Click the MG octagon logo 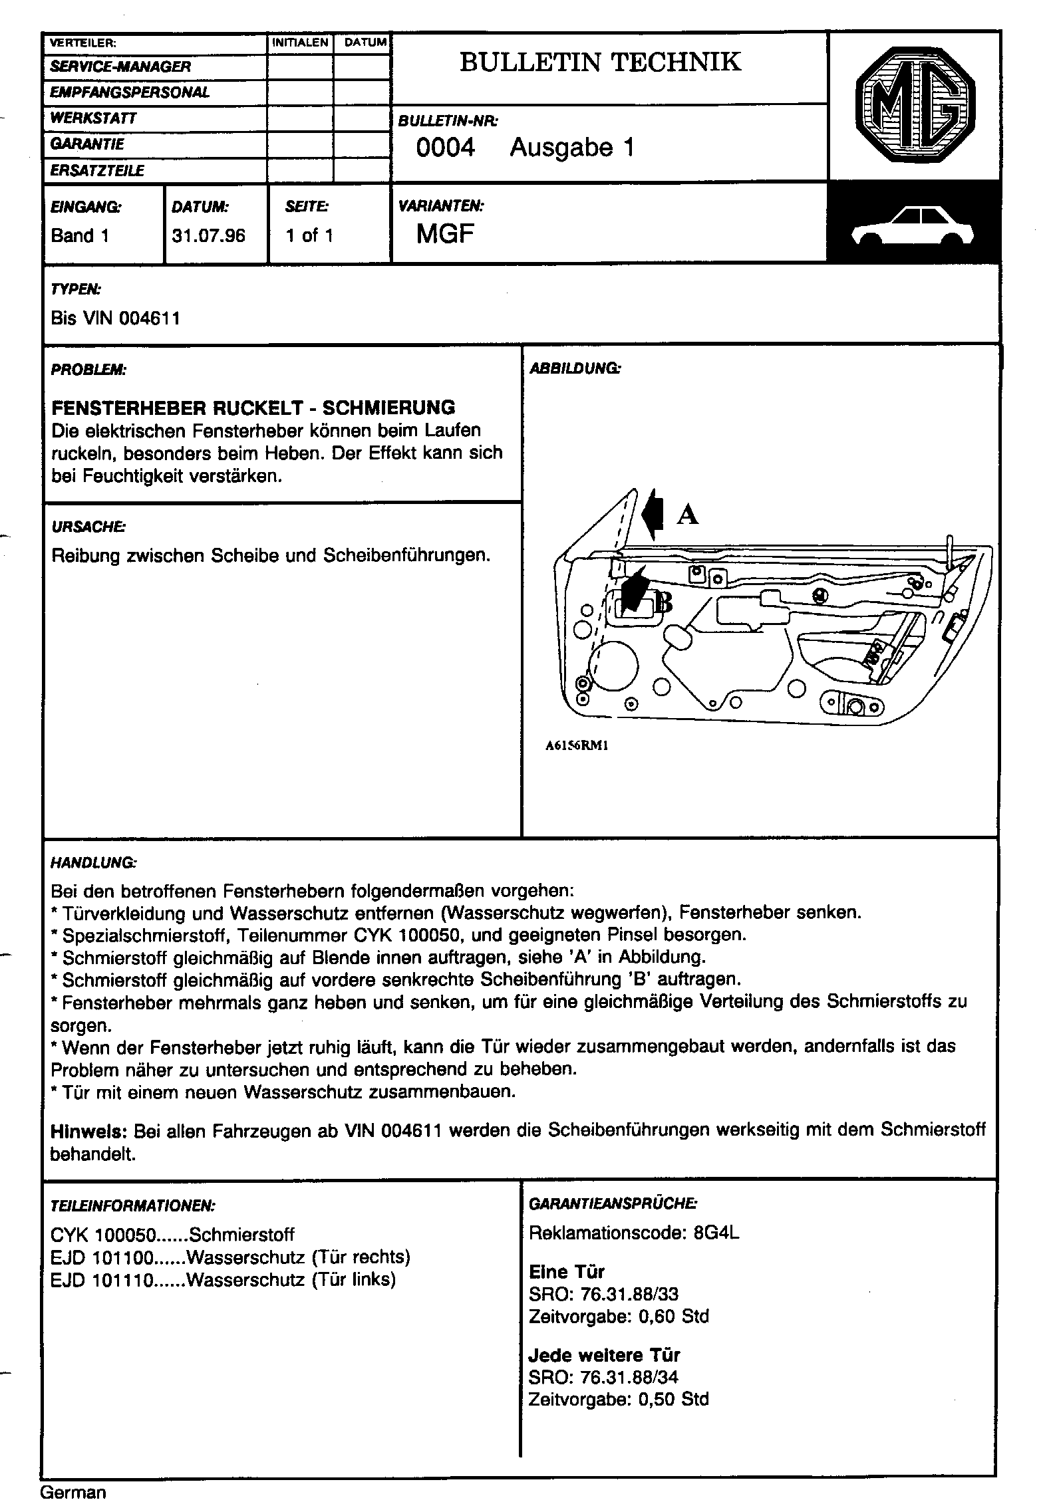(x=915, y=106)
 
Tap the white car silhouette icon (x=913, y=227)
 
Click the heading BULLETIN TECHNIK (x=600, y=63)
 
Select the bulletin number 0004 (x=445, y=148)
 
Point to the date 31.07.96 (x=208, y=235)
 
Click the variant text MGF (x=445, y=234)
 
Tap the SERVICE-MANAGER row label (x=120, y=66)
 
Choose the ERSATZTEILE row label (x=97, y=171)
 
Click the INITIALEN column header (x=301, y=43)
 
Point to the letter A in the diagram (x=687, y=514)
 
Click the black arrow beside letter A (x=653, y=514)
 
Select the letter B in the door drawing (x=663, y=602)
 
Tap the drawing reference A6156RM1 (x=577, y=745)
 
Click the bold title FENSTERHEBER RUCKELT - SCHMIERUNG (x=253, y=407)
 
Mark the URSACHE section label (x=88, y=527)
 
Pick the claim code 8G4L (x=716, y=1233)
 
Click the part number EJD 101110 (x=102, y=1280)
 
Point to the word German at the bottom (x=73, y=1491)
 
